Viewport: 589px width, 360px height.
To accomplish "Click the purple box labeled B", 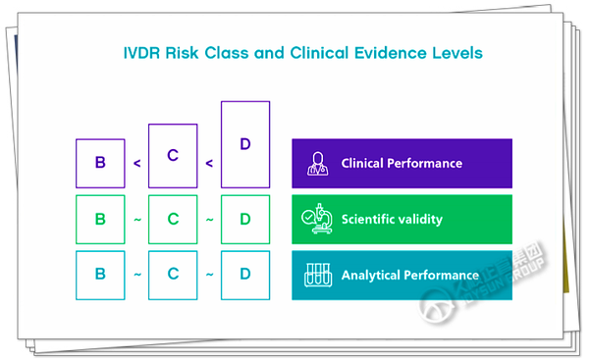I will (x=100, y=163).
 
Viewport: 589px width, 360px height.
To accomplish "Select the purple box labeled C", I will (x=173, y=155).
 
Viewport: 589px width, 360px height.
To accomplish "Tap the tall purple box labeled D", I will (x=245, y=144).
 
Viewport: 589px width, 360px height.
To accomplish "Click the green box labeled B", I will (x=100, y=219).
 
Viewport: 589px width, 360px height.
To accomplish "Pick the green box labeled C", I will (x=173, y=219).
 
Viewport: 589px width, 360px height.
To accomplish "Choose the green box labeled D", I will (x=245, y=219).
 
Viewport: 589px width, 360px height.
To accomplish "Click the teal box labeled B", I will (x=100, y=274).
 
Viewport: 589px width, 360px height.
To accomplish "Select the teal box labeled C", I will (x=173, y=274).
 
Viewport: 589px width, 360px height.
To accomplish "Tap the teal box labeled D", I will (x=245, y=274).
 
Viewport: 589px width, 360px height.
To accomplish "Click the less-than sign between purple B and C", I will (x=136, y=164).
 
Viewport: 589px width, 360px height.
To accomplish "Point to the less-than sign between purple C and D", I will (x=209, y=164).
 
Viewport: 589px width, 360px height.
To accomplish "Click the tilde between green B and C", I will (x=136, y=219).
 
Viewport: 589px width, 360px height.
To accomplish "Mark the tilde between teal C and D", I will (x=209, y=274).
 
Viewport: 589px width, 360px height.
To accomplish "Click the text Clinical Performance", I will (x=402, y=163).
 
